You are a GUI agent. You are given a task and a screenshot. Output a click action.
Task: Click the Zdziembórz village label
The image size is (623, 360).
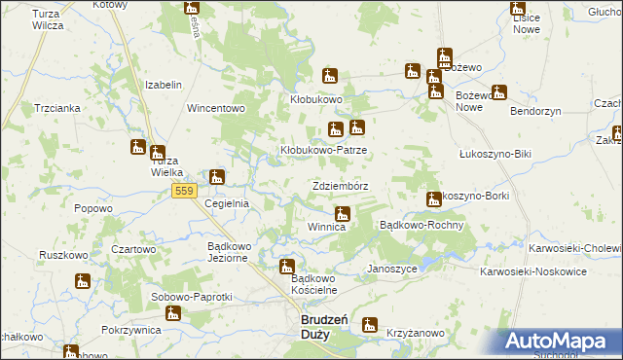click(340, 185)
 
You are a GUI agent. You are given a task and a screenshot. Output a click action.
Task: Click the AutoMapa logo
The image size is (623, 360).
click(563, 342)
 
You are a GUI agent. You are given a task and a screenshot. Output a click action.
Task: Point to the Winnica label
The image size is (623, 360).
click(327, 227)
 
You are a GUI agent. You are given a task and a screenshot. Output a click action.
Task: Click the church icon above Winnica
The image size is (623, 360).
click(342, 213)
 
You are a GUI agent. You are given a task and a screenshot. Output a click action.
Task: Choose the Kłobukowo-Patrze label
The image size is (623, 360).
click(323, 151)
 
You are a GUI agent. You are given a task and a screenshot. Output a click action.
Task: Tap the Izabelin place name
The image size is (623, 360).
click(164, 85)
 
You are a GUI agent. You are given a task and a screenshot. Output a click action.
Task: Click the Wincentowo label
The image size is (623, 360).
click(216, 107)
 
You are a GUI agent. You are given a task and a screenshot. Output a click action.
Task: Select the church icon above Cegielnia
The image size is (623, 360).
click(217, 178)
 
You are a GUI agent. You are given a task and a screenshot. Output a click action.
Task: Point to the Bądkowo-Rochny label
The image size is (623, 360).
click(421, 224)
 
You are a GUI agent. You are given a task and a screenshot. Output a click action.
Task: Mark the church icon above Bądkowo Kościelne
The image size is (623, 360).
click(287, 266)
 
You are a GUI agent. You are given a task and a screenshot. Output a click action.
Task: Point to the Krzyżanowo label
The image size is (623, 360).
click(415, 333)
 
